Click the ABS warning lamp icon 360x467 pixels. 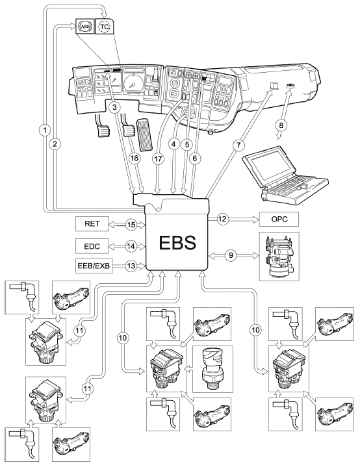click(84, 27)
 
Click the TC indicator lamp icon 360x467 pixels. click(105, 27)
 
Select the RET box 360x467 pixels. click(92, 224)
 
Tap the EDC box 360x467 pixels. click(92, 246)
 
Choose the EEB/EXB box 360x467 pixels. click(94, 266)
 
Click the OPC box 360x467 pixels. click(279, 219)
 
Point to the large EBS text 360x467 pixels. click(177, 242)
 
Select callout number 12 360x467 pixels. click(222, 219)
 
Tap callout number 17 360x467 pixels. click(159, 159)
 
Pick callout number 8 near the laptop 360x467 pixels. click(281, 125)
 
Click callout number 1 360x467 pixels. click(45, 130)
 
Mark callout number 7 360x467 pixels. click(238, 145)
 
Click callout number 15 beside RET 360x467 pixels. click(131, 224)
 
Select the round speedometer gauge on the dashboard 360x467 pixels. click(133, 84)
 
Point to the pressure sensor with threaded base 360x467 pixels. click(212, 370)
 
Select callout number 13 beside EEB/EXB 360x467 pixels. click(131, 265)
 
